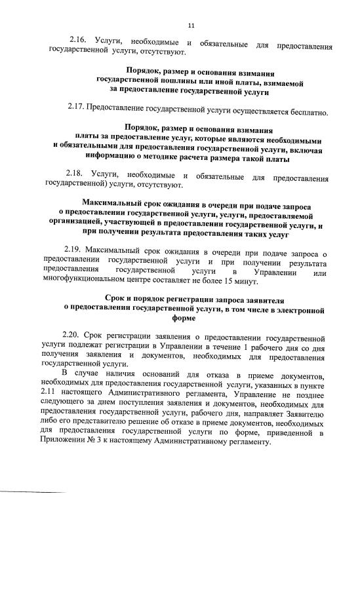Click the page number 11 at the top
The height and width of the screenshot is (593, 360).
click(191, 26)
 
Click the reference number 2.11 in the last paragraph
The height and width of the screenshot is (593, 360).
click(50, 392)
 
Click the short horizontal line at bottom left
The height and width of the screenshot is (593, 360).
click(33, 491)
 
